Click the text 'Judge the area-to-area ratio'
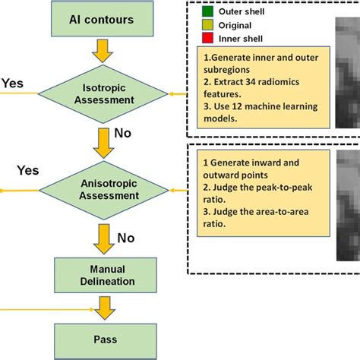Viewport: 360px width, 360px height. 254,222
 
